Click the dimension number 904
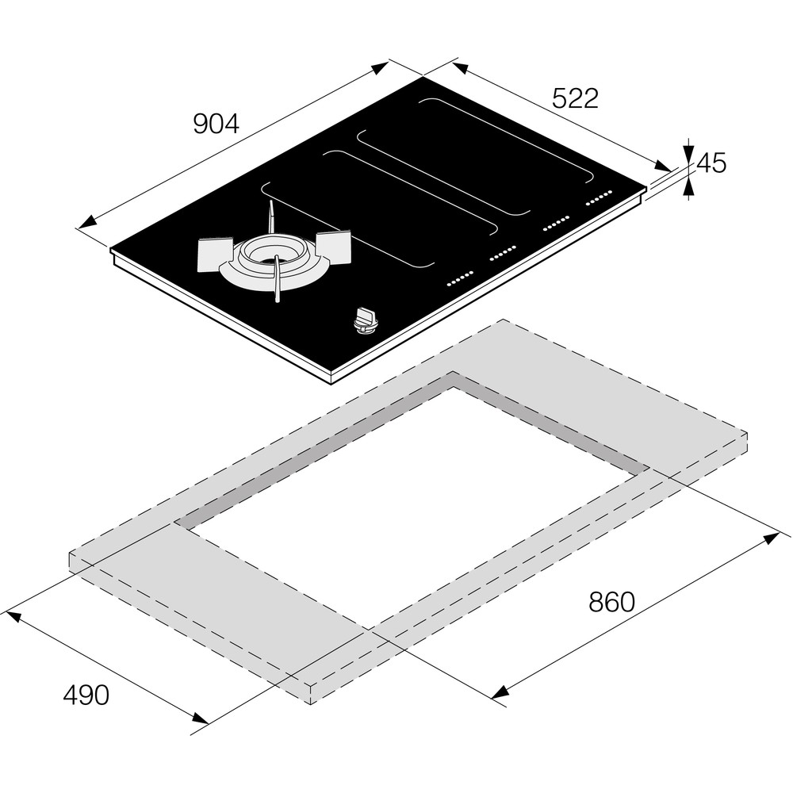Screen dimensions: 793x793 (216, 124)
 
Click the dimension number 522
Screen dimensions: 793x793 (575, 98)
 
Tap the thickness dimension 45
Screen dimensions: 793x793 (711, 163)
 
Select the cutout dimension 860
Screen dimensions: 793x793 (611, 602)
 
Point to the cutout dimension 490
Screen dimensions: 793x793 (86, 695)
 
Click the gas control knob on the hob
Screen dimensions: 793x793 (365, 322)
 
